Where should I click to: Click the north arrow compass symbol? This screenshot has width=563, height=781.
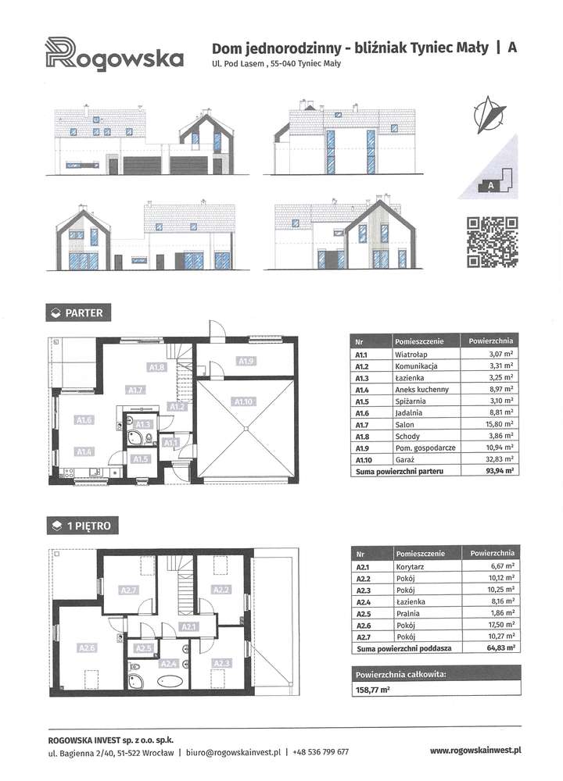491,113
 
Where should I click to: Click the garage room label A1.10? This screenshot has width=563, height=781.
245,401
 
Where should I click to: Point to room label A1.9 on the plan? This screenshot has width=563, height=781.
246,361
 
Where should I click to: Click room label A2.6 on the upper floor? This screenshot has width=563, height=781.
87,647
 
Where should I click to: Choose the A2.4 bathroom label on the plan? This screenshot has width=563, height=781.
169,664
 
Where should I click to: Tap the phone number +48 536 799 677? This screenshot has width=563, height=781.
321,752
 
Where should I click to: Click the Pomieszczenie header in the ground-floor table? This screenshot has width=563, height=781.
420,341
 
